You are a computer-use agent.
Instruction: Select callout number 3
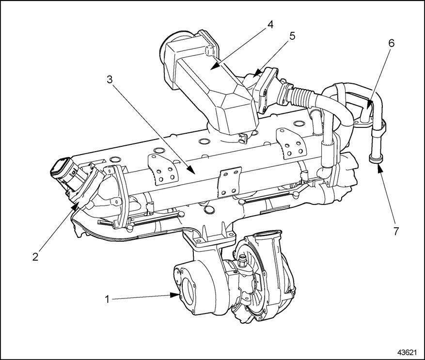point(110,79)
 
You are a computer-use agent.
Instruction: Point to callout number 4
point(271,24)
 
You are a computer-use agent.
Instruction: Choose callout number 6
point(391,43)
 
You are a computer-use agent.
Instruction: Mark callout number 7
point(396,231)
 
